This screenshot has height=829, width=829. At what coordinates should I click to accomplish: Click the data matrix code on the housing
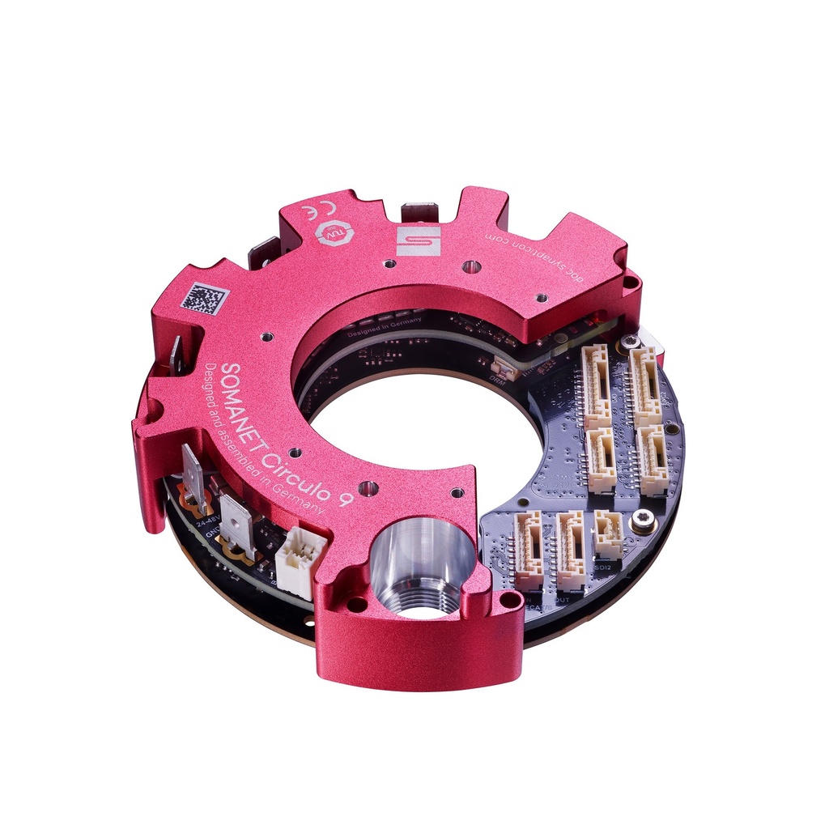point(204,298)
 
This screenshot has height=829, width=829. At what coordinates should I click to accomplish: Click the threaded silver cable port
point(421,567)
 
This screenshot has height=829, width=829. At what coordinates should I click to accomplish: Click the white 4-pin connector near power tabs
point(300,560)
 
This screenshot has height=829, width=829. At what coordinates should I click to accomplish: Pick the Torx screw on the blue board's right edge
point(644,522)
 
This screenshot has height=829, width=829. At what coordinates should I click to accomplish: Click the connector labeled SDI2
point(608,534)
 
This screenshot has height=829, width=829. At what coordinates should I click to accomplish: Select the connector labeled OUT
point(571,551)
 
